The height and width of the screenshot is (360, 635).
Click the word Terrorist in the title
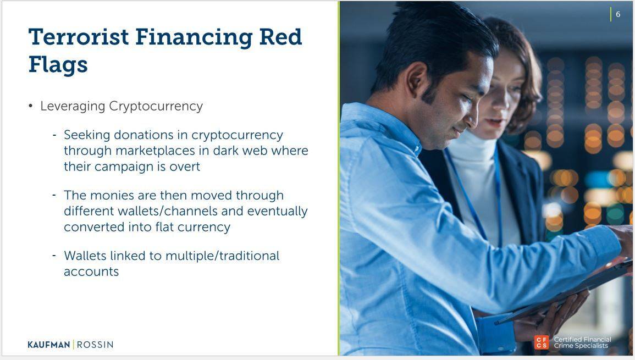pyautogui.click(x=79, y=37)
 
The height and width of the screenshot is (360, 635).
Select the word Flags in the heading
pyautogui.click(x=58, y=65)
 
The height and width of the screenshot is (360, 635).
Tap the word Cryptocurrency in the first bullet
pyautogui.click(x=156, y=106)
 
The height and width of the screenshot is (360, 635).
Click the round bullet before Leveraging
pyautogui.click(x=31, y=106)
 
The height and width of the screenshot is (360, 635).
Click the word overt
pyautogui.click(x=185, y=167)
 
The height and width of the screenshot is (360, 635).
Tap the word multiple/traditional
pyautogui.click(x=222, y=256)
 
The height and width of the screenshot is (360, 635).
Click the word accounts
pyautogui.click(x=91, y=272)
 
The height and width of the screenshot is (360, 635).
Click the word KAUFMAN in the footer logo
pyautogui.click(x=49, y=345)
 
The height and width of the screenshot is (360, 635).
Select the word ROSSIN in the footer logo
pyautogui.click(x=95, y=345)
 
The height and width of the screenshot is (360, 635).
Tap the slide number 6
pyautogui.click(x=618, y=14)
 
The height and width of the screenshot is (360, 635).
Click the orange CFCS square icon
pyautogui.click(x=542, y=342)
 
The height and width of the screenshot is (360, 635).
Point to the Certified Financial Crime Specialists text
pyautogui.click(x=582, y=342)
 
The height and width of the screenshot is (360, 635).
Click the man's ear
pyautogui.click(x=417, y=79)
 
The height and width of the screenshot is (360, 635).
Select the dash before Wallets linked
pyautogui.click(x=54, y=256)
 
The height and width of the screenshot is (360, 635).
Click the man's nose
pyautogui.click(x=472, y=118)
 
